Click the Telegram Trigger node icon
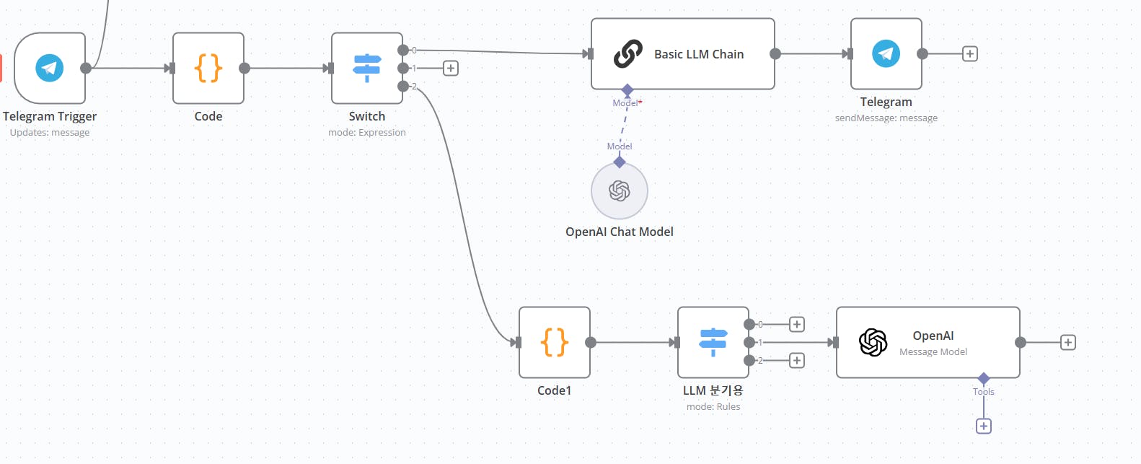coord(50,69)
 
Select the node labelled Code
coord(208,69)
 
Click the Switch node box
coord(367,69)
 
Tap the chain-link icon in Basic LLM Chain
coord(627,54)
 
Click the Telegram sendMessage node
coord(886,54)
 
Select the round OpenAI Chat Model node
coord(620,191)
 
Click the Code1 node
coord(555,343)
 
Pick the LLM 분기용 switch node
coord(713,343)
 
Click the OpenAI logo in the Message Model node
coord(873,343)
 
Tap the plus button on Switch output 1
coord(451,69)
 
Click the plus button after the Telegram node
coord(970,54)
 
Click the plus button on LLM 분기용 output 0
coord(797,325)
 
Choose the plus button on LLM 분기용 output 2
coord(797,360)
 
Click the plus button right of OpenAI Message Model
coord(1068,343)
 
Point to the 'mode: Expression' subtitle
coord(367,133)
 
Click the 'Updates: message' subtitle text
coord(50,133)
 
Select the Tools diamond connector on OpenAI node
coord(984,379)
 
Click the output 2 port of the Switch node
coord(403,87)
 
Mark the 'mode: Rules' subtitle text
coord(713,407)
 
